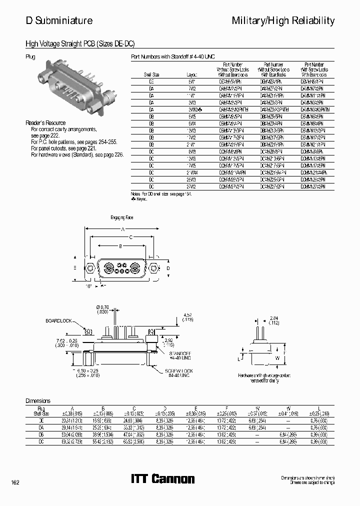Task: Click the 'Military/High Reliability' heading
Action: pos(283,20)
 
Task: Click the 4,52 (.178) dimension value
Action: pos(188,317)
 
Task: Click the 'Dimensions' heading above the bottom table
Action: pos(38,401)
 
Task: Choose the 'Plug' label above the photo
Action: pos(30,57)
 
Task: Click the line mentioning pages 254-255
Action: pos(73,142)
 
